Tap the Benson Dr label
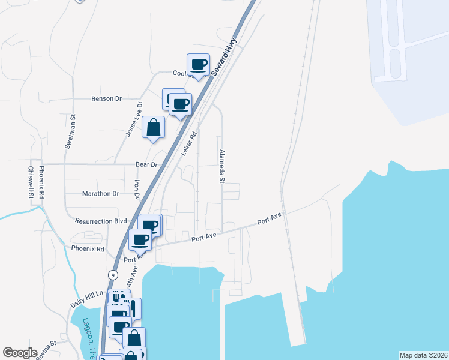point(106,98)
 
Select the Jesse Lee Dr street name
point(134,119)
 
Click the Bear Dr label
point(146,164)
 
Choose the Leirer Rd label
point(189,145)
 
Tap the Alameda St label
point(221,166)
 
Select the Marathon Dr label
point(100,194)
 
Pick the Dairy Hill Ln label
point(88,298)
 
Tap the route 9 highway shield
point(112,274)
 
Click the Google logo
point(20,353)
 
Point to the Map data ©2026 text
point(423,355)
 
